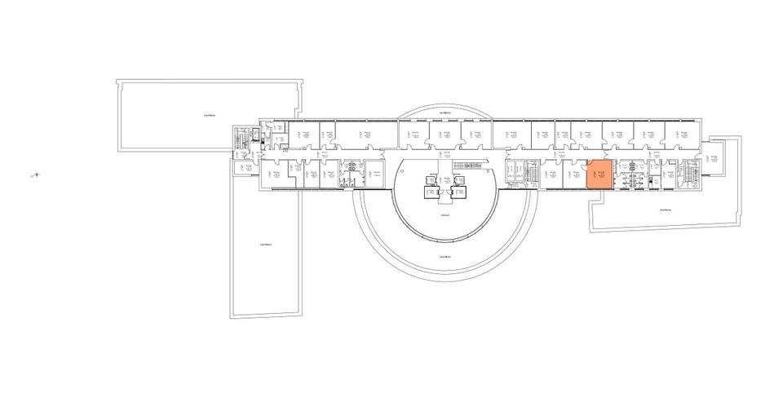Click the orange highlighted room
tap(599, 175)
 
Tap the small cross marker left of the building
tap(36, 174)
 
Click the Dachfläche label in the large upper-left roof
tap(210, 115)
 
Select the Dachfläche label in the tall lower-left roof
tap(265, 244)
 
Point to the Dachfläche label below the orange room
tap(666, 210)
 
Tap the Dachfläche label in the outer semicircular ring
tap(445, 257)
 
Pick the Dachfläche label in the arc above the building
tap(445, 111)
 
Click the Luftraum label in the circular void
tap(445, 215)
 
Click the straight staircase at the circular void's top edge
tap(462, 166)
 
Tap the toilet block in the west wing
tap(352, 174)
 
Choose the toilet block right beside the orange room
tap(631, 175)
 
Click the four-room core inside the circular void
tap(445, 189)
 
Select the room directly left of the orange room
tap(574, 175)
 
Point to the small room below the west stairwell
tap(242, 167)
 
